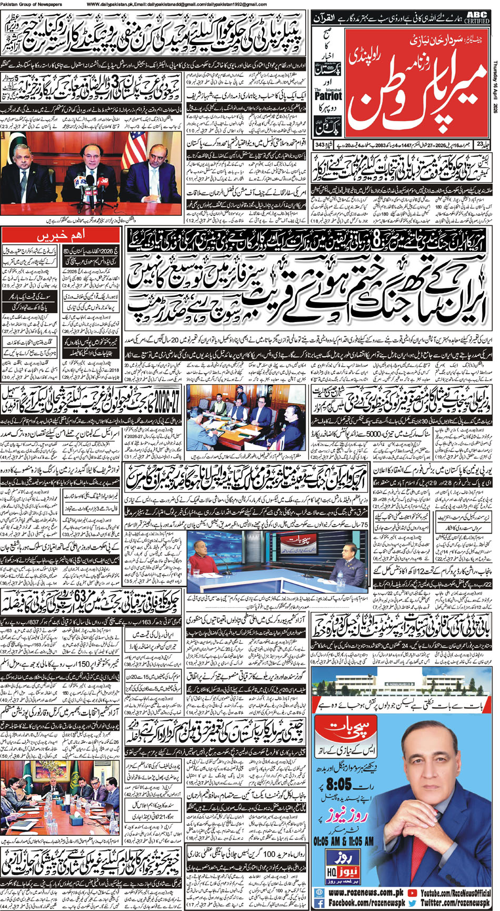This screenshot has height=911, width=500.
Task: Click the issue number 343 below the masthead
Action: [x=319, y=144]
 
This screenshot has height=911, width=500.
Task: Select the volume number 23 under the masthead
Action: [x=479, y=144]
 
